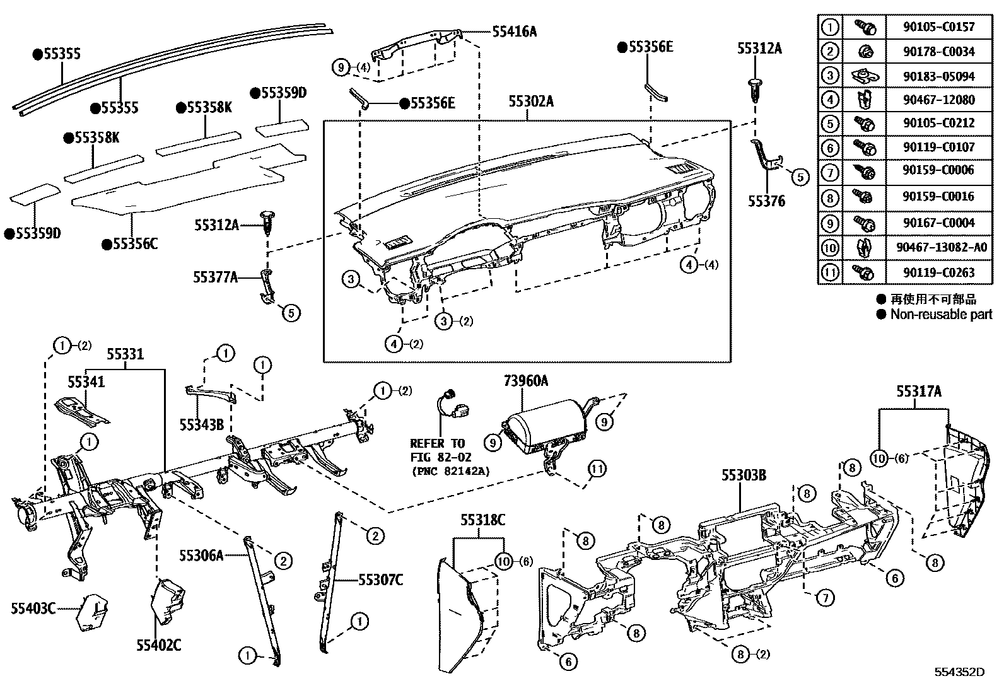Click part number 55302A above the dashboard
coord(531,102)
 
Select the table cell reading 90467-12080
coord(938,100)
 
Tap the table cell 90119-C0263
coord(938,272)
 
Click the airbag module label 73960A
coord(525,380)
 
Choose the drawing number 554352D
coord(959,672)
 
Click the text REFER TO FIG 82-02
coord(437,450)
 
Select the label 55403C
coord(33,608)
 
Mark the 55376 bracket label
coord(766,201)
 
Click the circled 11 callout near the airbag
coord(598,469)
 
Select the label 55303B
coord(744,476)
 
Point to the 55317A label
coord(919,392)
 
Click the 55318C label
coord(482,520)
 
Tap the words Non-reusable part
coord(940,314)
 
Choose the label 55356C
coord(134,243)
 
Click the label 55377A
coord(216,276)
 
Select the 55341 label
coord(86,381)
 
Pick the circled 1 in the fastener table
coord(830,27)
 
